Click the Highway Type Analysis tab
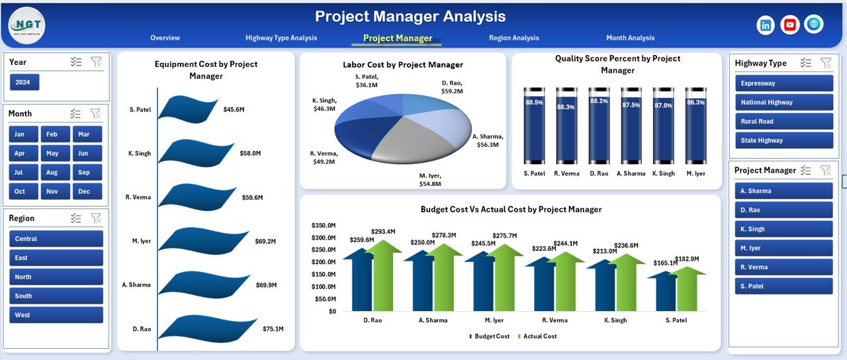281,38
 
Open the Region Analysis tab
513,38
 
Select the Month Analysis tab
630,38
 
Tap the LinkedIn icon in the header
766,25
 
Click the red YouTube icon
789,25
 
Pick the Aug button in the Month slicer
52,172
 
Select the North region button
56,277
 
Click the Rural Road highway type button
784,122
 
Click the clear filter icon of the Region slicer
96,218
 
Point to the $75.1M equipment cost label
273,329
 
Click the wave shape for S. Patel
189,109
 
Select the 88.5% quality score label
534,103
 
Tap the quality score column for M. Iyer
695,125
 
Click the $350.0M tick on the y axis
324,226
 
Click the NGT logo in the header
27,25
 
